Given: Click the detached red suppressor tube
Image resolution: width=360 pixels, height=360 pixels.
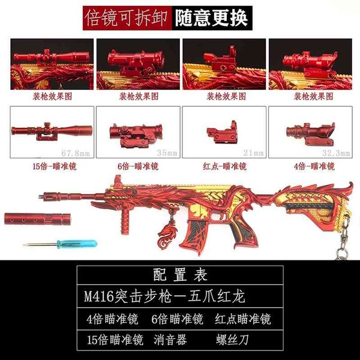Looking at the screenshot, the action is [37, 219].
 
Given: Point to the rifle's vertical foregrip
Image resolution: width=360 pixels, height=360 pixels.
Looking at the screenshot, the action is [124, 220].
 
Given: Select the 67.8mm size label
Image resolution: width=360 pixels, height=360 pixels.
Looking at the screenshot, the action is [76, 153].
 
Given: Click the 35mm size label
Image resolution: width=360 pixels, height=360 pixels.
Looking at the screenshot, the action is [167, 152].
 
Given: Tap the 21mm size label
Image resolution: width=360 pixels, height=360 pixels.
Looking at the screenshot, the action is [253, 152].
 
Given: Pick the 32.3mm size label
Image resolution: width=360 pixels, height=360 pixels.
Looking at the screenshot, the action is [336, 153].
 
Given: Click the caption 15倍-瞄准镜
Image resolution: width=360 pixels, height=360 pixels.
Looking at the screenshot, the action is [54, 166].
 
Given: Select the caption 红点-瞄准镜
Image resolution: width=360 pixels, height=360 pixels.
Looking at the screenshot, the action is [225, 166].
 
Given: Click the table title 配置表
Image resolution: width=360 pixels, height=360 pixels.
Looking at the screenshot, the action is [180, 275].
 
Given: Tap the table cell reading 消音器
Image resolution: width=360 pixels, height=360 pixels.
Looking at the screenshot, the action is [170, 340].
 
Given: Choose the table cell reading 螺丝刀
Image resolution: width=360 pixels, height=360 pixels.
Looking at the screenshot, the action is [232, 340].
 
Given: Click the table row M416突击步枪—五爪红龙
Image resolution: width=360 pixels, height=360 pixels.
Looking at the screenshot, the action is [164, 296].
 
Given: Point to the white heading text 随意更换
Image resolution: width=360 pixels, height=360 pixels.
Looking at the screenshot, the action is [212, 18].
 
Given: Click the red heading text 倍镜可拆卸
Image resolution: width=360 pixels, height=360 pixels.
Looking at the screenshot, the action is [126, 18].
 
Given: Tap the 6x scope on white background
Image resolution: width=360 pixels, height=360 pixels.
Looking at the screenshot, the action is [136, 136].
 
